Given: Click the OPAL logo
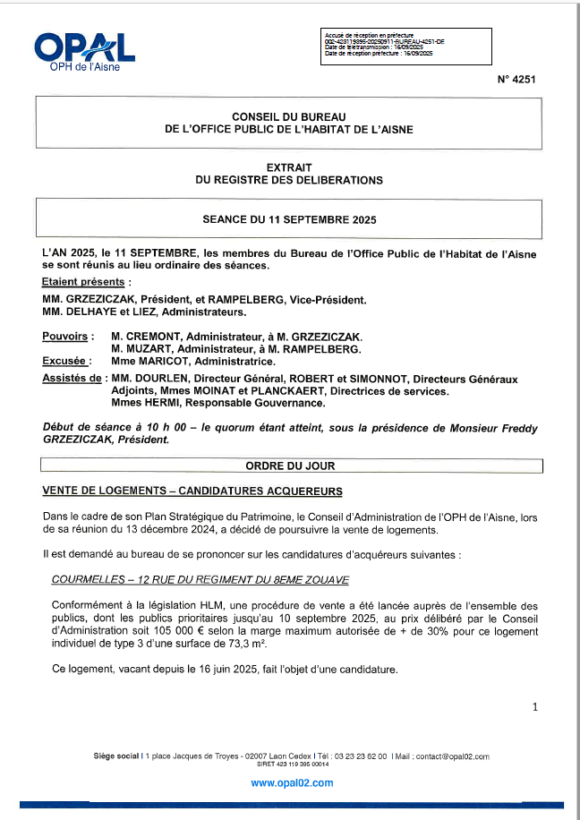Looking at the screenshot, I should pos(84,49).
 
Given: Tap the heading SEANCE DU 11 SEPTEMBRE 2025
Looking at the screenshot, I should pos(289,219).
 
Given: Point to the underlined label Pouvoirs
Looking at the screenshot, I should pos(65,336).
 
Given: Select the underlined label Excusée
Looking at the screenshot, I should pos(64,361).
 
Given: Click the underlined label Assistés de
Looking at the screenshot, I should pos(72,380).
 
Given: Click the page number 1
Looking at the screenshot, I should pos(534,707).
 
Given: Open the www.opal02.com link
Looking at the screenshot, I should pos(292,782).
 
